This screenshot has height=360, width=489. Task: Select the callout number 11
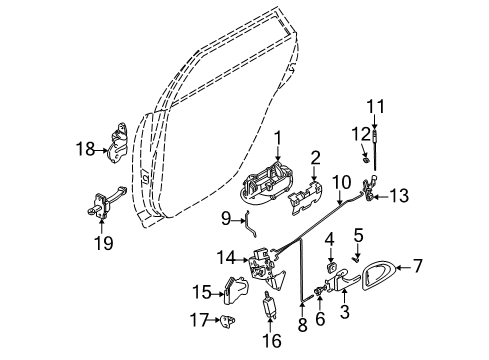coord(376,107)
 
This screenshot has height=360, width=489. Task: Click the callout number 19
coord(104,242)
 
